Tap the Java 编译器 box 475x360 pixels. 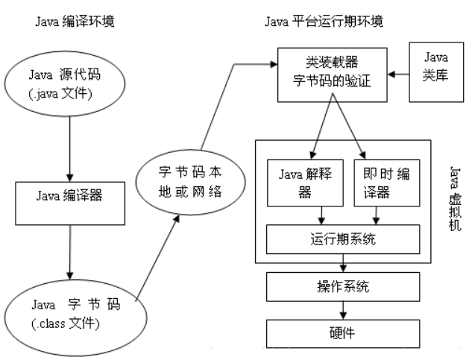(x=69, y=197)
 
